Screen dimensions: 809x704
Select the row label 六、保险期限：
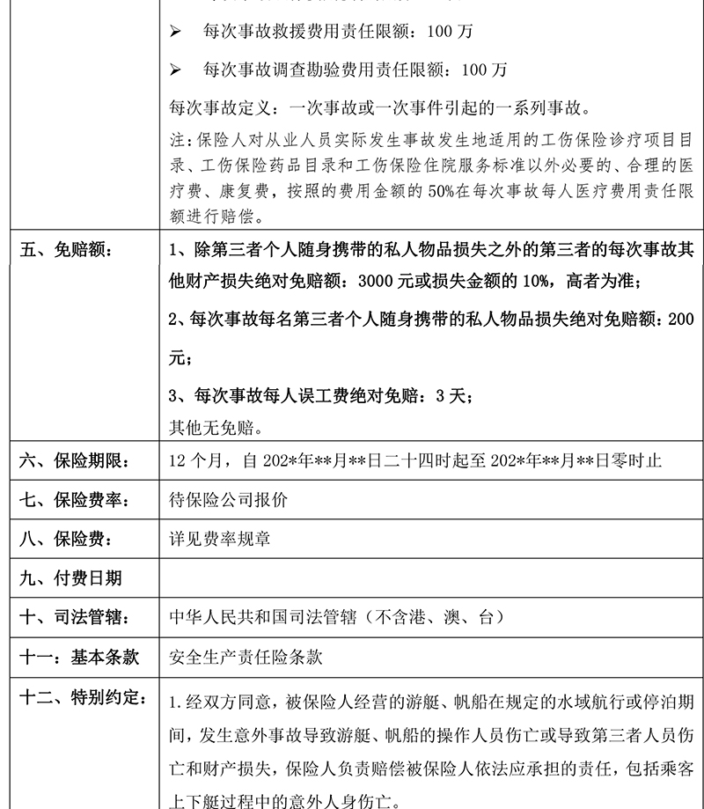75,460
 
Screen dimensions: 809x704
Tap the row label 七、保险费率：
75,499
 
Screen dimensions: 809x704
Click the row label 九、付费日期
70,577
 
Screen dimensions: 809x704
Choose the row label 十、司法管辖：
75,617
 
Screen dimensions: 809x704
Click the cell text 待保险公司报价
227,499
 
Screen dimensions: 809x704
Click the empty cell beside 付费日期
422,577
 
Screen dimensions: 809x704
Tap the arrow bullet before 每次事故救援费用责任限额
175,32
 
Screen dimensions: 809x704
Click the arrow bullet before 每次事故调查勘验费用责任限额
175,69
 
